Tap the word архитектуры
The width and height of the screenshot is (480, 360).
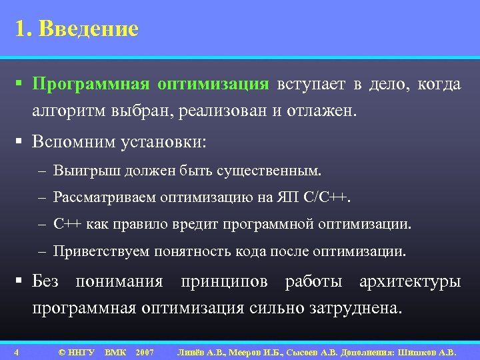(409, 281)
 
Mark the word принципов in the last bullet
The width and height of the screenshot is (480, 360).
(223, 281)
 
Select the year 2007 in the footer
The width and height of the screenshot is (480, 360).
(144, 352)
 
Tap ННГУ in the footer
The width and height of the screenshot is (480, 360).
(81, 352)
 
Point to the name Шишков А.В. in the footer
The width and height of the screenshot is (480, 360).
(429, 352)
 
